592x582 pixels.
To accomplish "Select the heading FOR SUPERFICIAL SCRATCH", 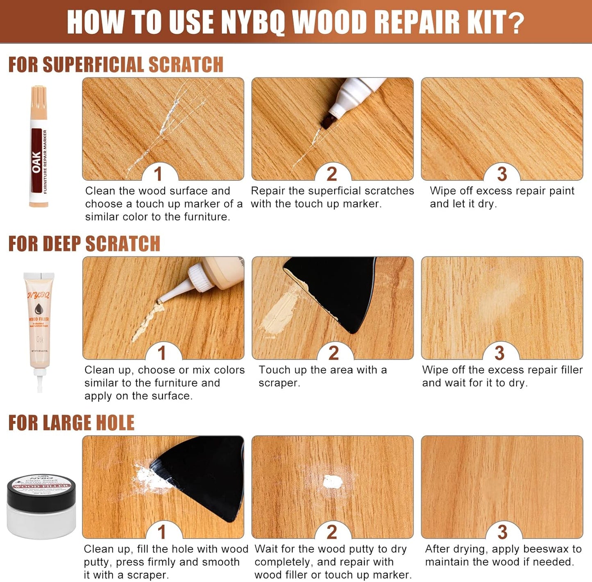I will coord(116,65).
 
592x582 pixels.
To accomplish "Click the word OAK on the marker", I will coord(36,162).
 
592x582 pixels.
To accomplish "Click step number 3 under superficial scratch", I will coord(502,174).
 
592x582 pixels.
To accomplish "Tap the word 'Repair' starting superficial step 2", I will coord(268,191).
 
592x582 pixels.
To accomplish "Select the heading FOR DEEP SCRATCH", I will coord(84,244).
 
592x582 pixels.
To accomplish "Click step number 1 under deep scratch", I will coord(162,353).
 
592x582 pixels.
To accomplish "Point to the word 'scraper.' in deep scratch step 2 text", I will coord(279,383).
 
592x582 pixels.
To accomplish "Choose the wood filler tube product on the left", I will coord(39,324).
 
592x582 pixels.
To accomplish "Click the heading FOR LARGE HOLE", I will coord(71,423).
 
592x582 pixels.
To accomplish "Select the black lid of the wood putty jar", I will coord(41,487).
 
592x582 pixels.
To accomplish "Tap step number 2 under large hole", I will coord(332,532).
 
